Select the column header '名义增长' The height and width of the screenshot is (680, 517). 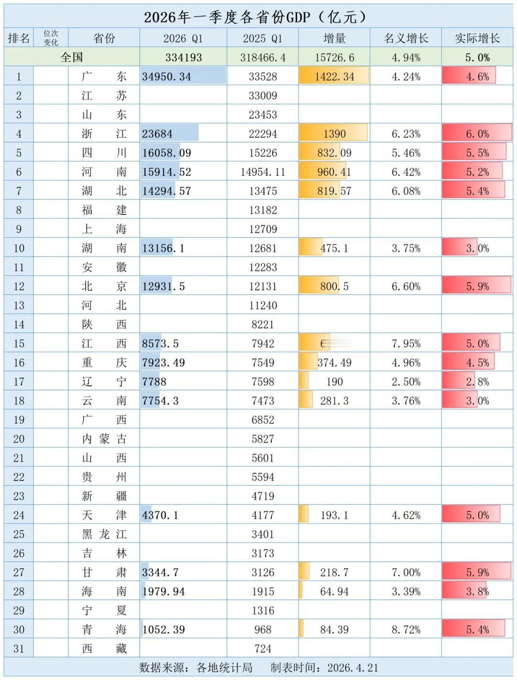pos(405,38)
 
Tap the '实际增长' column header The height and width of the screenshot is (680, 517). pos(477,38)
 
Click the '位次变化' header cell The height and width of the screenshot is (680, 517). pos(51,38)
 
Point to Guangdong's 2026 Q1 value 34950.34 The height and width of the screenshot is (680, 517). pos(166,77)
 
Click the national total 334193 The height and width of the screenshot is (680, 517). pos(183,57)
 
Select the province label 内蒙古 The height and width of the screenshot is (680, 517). pos(104,439)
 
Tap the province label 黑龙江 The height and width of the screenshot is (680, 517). pos(104,534)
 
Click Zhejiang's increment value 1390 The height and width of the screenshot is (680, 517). pos(334,134)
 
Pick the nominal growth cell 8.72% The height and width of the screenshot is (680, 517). pos(406,630)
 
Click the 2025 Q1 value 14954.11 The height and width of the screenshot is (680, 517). pos(263,172)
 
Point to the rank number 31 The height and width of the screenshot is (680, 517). pos(19,649)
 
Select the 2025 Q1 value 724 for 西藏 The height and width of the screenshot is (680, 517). pos(263,649)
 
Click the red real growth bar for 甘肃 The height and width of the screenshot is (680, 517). pos(477,572)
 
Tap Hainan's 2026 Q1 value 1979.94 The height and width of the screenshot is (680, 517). pos(163,591)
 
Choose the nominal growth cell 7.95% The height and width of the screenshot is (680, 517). pos(406,344)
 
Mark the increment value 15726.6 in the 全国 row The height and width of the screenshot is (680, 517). pos(334,57)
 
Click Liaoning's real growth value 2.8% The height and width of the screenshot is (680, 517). pos(477,382)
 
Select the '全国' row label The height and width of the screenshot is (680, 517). pos(72,57)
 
